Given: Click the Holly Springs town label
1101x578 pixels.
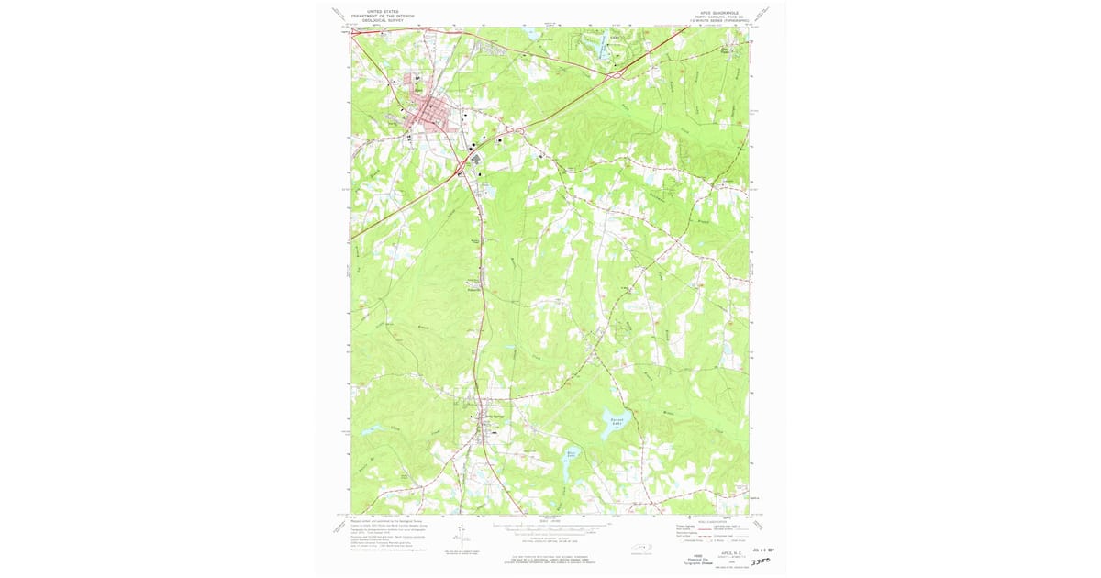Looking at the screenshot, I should tap(495, 416).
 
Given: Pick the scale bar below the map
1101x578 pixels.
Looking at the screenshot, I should tap(550, 528).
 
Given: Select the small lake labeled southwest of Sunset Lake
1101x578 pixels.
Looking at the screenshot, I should tap(571, 454).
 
